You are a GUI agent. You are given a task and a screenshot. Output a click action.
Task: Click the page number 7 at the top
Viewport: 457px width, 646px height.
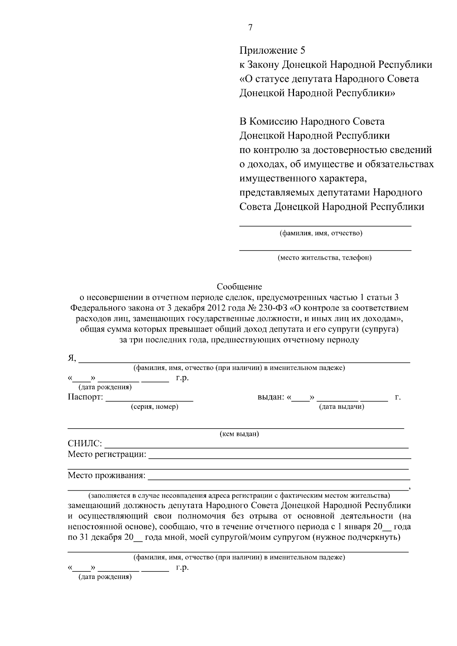tap(250, 27)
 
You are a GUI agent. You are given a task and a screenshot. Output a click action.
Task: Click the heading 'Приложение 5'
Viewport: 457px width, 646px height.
tap(272, 50)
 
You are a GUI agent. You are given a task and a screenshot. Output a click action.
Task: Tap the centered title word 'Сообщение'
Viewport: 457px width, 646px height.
tap(239, 286)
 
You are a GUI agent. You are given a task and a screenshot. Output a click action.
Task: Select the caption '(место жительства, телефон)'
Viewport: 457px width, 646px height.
tap(324, 258)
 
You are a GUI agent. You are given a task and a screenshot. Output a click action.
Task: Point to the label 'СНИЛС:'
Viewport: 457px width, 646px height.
tap(85, 443)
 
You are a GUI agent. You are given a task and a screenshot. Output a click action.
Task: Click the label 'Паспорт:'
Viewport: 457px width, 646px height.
tap(85, 397)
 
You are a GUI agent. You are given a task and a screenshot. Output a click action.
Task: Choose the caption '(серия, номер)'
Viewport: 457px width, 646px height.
tap(154, 407)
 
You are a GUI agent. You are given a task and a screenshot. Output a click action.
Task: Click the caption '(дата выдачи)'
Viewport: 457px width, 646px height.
tap(341, 407)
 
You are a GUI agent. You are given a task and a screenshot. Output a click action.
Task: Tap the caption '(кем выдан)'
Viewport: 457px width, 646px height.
tap(239, 434)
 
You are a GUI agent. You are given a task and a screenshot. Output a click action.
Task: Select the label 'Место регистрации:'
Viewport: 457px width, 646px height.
tap(107, 454)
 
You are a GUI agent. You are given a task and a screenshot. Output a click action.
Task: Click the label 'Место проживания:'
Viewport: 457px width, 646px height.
tap(106, 475)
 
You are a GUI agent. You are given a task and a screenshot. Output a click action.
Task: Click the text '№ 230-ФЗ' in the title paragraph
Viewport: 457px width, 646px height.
tap(271, 308)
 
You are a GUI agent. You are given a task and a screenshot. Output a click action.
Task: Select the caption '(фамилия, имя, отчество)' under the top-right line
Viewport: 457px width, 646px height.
tap(321, 233)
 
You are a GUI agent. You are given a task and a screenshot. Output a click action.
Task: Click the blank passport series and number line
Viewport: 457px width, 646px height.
tap(149, 400)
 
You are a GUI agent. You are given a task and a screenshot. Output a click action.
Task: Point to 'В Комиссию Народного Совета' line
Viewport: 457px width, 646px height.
tap(312, 121)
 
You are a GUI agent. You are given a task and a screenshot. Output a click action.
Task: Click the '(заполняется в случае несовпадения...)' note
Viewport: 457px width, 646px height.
tap(239, 496)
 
